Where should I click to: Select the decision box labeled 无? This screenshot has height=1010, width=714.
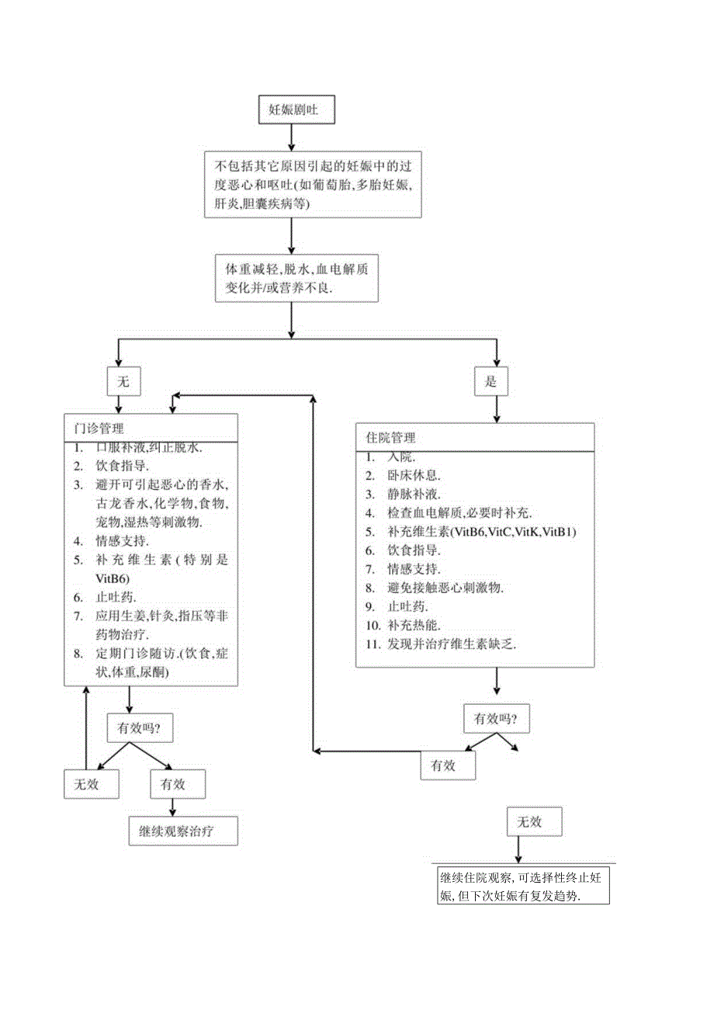(122, 381)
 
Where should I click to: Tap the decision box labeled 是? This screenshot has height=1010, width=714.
(490, 381)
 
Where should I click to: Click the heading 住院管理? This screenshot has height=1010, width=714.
(390, 438)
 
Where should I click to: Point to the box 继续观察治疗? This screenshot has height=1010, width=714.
(182, 830)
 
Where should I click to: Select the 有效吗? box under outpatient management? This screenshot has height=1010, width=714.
(139, 728)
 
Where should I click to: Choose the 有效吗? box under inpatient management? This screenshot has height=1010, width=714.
(496, 719)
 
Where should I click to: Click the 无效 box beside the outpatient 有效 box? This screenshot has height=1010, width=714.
(92, 783)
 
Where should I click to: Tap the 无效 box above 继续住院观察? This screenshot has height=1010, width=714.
(535, 821)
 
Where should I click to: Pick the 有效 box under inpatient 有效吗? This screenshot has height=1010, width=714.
(448, 765)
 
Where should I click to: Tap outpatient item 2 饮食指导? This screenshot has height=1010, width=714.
(117, 467)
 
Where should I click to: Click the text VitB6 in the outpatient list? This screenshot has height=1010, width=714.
(112, 578)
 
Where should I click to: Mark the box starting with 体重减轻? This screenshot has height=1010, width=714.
(296, 278)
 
